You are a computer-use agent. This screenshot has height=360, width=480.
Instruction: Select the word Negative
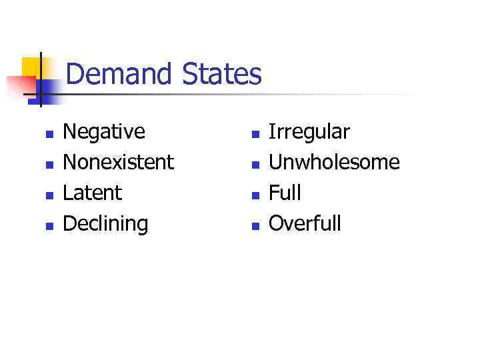103,132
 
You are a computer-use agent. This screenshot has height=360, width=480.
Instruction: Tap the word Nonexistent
118,162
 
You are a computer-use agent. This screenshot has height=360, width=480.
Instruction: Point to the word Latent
92,193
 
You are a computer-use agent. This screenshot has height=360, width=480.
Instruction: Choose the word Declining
105,223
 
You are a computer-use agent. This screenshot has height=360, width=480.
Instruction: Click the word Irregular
309,132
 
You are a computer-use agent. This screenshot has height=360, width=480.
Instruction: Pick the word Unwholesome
334,162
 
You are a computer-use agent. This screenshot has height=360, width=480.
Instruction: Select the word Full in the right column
285,193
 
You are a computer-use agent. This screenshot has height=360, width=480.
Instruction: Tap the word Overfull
305,223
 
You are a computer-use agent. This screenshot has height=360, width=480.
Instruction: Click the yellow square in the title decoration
31,67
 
